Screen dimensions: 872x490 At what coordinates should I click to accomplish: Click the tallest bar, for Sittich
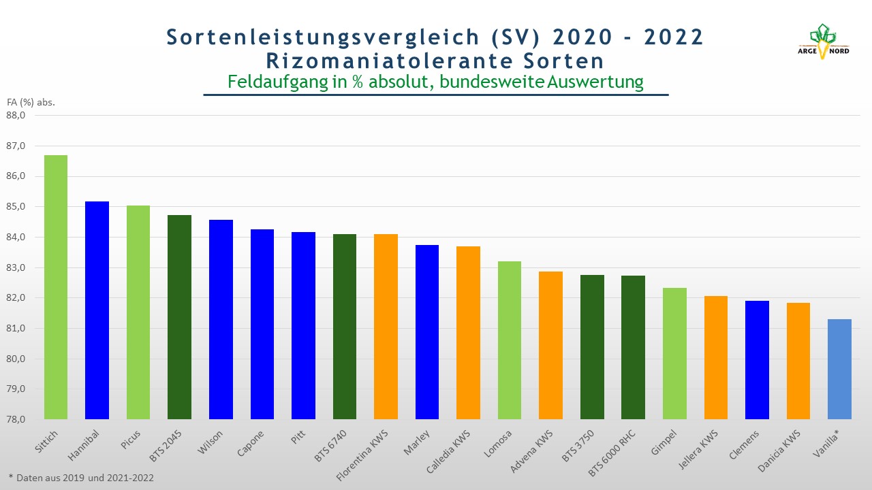(56, 287)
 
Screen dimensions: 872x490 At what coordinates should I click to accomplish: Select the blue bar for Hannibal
(97, 310)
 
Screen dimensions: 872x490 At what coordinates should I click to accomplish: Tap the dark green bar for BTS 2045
(179, 317)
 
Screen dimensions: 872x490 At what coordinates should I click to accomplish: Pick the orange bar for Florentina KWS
(386, 327)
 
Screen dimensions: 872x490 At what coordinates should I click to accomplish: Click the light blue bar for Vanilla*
(840, 369)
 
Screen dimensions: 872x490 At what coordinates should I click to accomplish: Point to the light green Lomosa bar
(510, 340)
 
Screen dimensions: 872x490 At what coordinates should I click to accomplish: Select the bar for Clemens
(757, 360)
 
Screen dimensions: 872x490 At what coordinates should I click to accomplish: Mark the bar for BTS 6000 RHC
(633, 347)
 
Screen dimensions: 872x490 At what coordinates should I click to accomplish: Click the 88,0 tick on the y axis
(16, 115)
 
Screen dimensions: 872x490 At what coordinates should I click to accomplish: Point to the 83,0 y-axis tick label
(16, 267)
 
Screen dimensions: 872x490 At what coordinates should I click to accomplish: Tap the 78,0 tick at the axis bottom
(16, 419)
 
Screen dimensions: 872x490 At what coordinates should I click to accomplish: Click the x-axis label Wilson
(211, 442)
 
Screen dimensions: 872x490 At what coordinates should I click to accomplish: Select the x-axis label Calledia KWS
(448, 451)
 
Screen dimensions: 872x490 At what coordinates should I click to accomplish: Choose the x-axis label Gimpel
(664, 442)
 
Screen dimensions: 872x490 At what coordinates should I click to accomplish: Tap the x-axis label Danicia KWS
(779, 451)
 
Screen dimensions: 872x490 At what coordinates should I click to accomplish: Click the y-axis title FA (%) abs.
(31, 102)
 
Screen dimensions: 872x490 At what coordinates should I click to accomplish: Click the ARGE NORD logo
(824, 42)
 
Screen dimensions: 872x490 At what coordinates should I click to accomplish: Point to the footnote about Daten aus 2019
(81, 478)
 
